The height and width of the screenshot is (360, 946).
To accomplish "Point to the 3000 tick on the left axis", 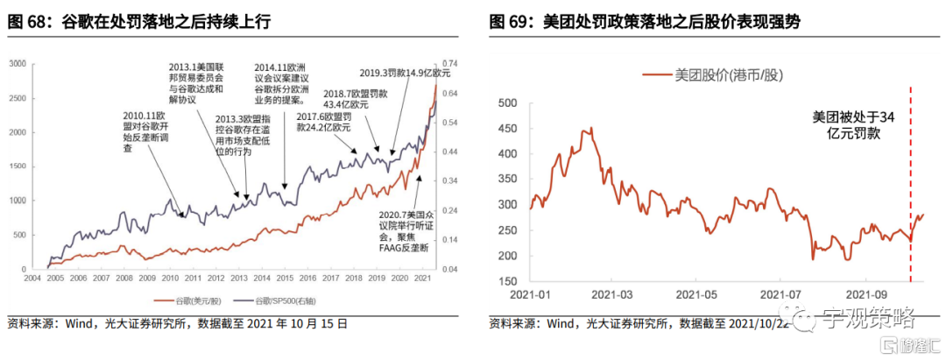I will pos(18,64).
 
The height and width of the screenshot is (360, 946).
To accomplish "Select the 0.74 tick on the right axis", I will pos(452,64).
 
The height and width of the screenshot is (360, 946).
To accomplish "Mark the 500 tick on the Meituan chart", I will pos(507,103).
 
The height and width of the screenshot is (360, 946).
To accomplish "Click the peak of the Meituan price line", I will pos(591,129).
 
